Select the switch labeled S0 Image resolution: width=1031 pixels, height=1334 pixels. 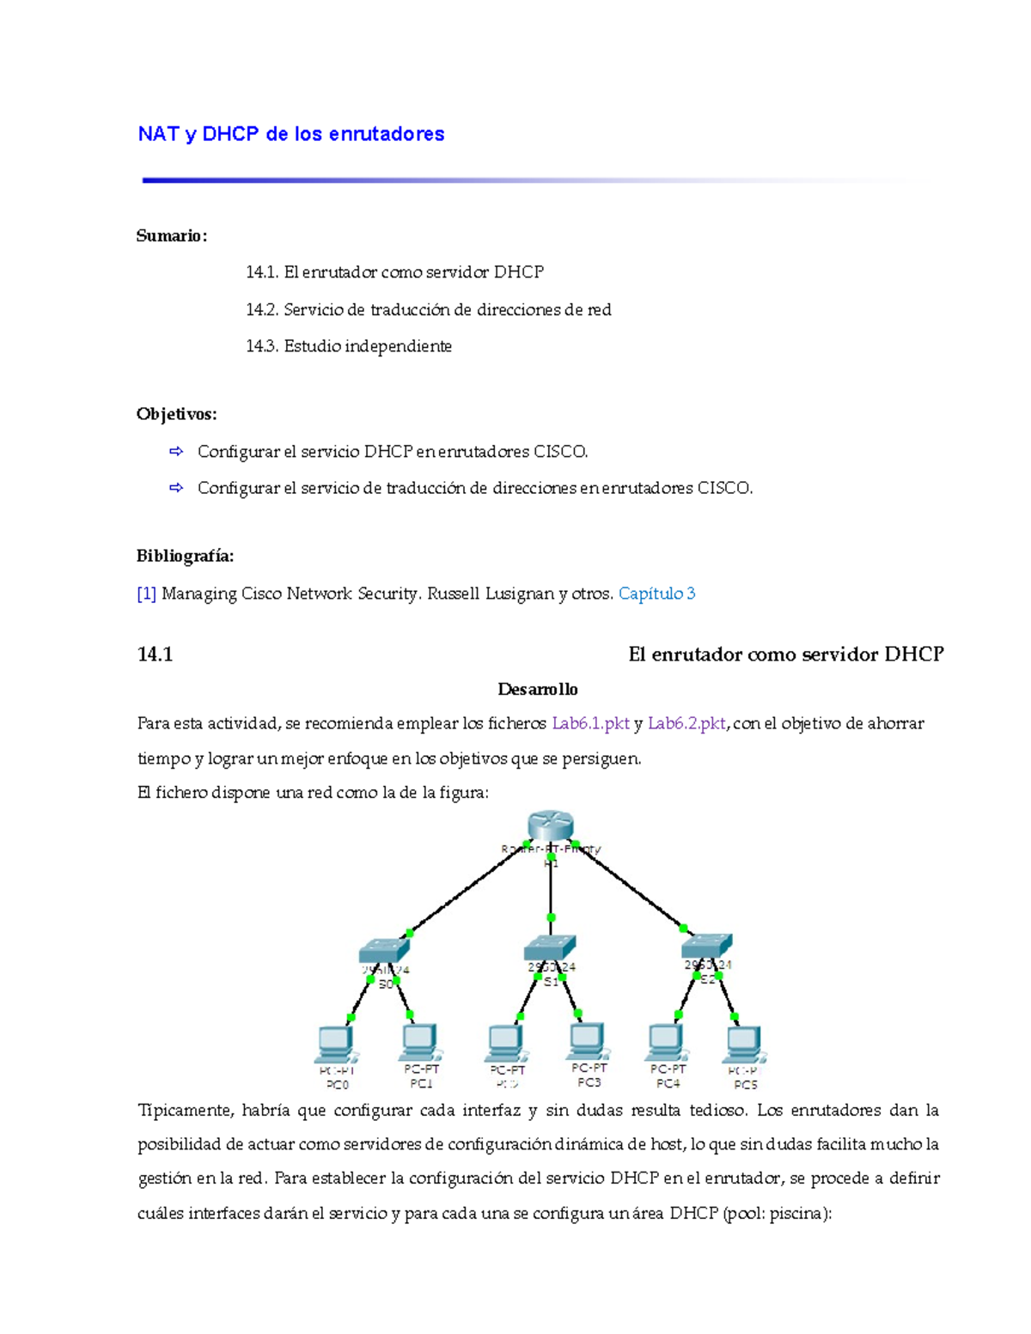click(384, 950)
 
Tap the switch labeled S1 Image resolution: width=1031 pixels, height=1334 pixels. click(549, 947)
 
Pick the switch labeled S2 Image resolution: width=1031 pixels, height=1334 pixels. click(706, 946)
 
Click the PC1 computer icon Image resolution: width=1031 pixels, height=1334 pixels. click(419, 1044)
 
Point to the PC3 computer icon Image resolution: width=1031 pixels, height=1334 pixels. click(588, 1042)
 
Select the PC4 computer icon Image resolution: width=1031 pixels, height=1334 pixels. click(667, 1043)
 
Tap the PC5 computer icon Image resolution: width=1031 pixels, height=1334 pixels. click(744, 1045)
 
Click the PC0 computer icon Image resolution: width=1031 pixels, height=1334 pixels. click(335, 1045)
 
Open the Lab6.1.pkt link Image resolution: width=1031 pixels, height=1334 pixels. click(590, 723)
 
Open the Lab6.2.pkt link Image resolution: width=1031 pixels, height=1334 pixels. click(686, 723)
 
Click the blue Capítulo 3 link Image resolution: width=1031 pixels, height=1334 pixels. click(656, 594)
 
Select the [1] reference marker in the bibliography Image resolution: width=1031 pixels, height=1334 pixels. click(146, 594)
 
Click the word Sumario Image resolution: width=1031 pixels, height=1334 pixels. click(171, 236)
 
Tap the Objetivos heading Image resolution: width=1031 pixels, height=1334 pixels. click(176, 414)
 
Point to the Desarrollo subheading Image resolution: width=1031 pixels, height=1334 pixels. click(538, 689)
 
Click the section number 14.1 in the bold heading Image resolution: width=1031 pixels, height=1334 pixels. click(155, 655)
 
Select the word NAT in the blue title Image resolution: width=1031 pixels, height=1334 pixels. click(158, 134)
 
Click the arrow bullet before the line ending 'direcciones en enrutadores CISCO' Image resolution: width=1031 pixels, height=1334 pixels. click(176, 488)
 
